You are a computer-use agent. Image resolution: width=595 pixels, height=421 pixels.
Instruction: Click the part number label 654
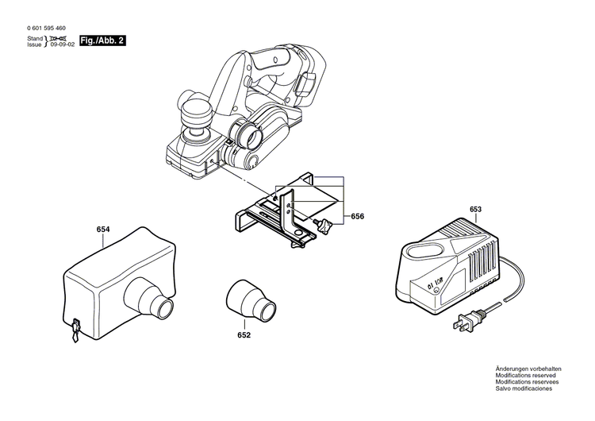coord(102,230)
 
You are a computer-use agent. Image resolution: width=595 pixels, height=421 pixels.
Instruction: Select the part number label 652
coord(244,335)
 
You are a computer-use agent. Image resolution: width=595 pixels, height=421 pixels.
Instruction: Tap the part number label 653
coord(475,210)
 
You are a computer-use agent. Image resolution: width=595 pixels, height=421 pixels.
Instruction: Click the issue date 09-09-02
coord(61,45)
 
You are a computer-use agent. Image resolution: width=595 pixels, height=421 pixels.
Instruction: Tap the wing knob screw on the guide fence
coord(323,225)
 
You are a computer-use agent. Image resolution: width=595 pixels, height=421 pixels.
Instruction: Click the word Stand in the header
coord(35,38)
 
